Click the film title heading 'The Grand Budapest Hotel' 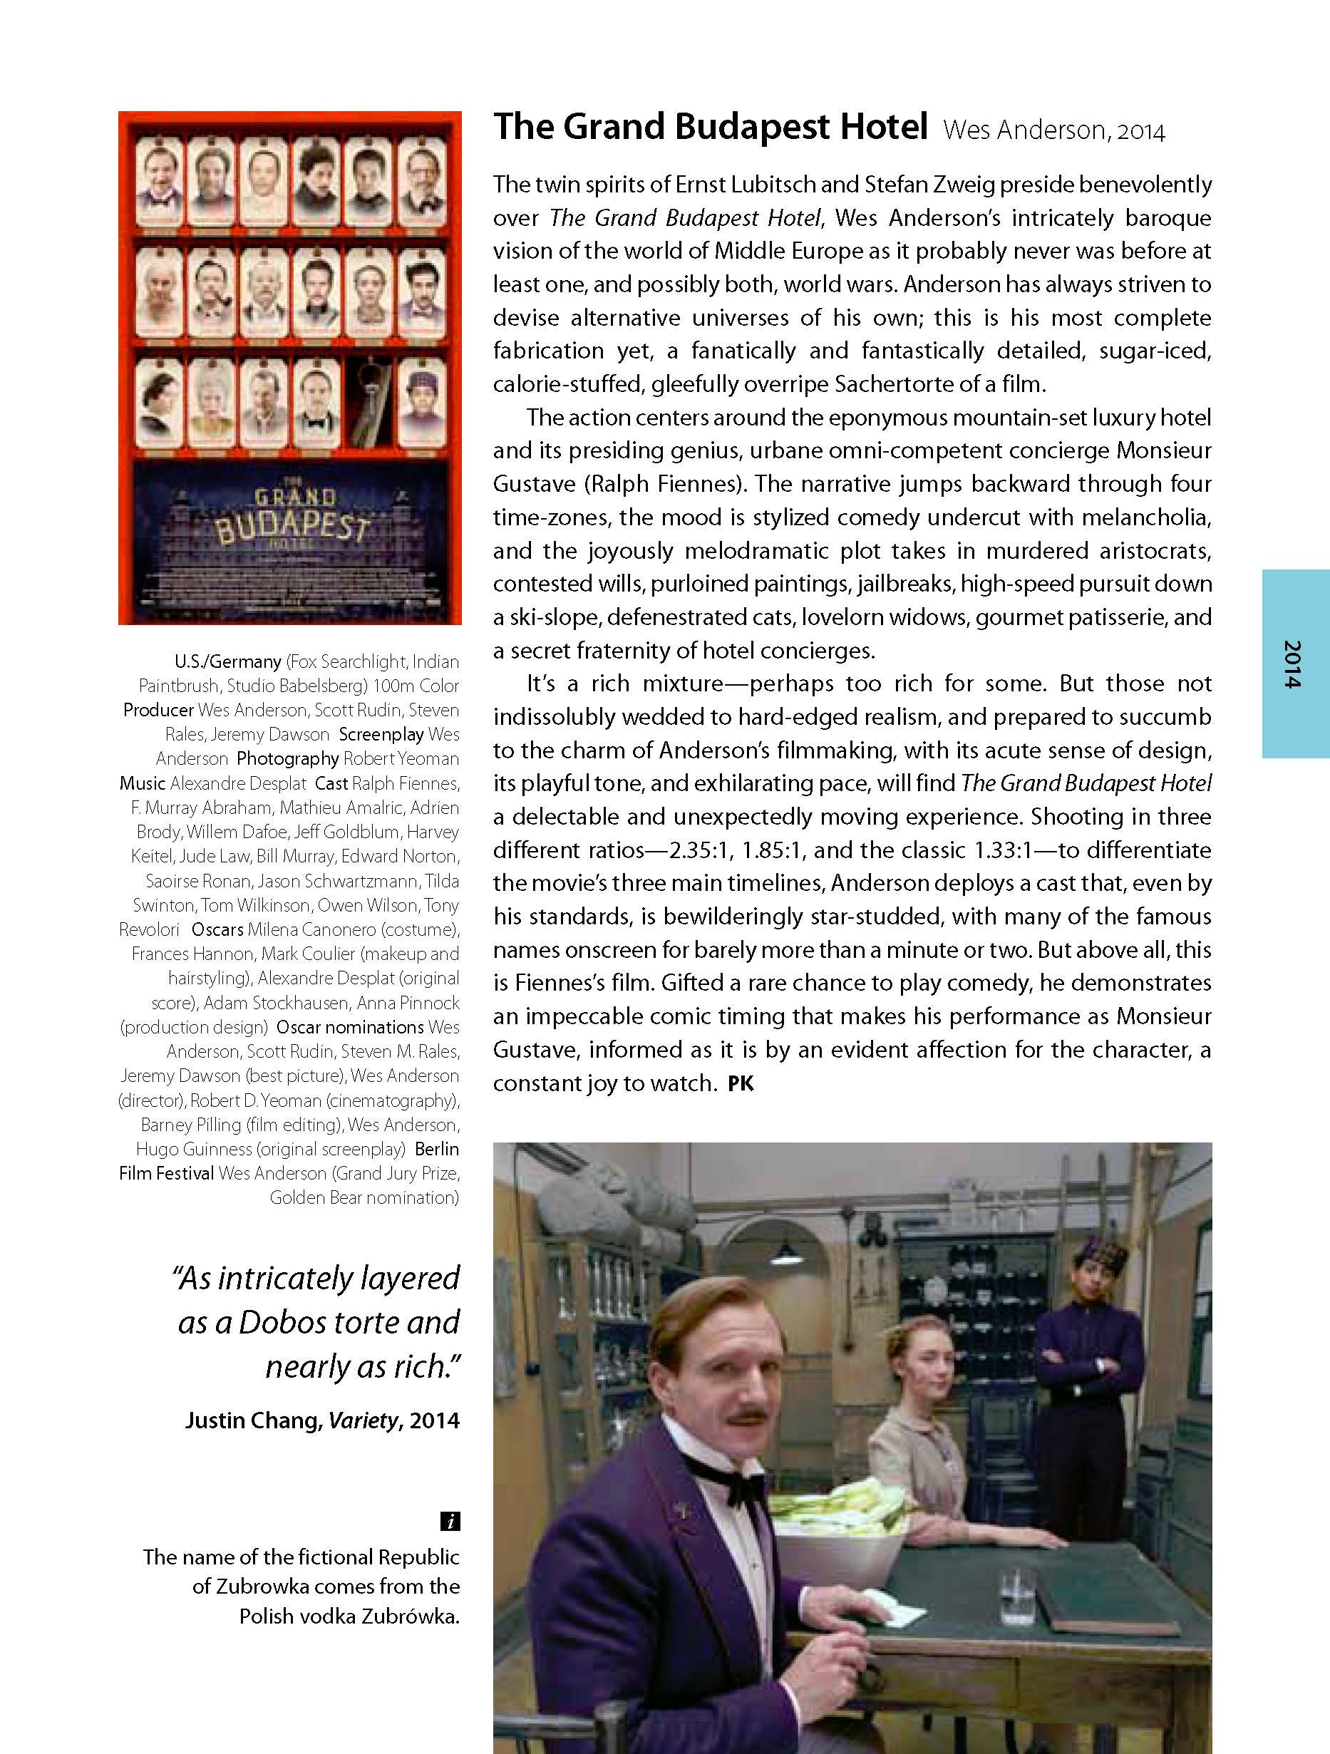click(710, 128)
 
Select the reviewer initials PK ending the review click(741, 1083)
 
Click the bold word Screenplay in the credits click(381, 734)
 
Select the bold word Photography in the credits click(288, 759)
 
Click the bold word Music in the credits click(143, 783)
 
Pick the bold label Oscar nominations click(350, 1027)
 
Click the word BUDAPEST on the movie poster click(292, 527)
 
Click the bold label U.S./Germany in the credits click(228, 661)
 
